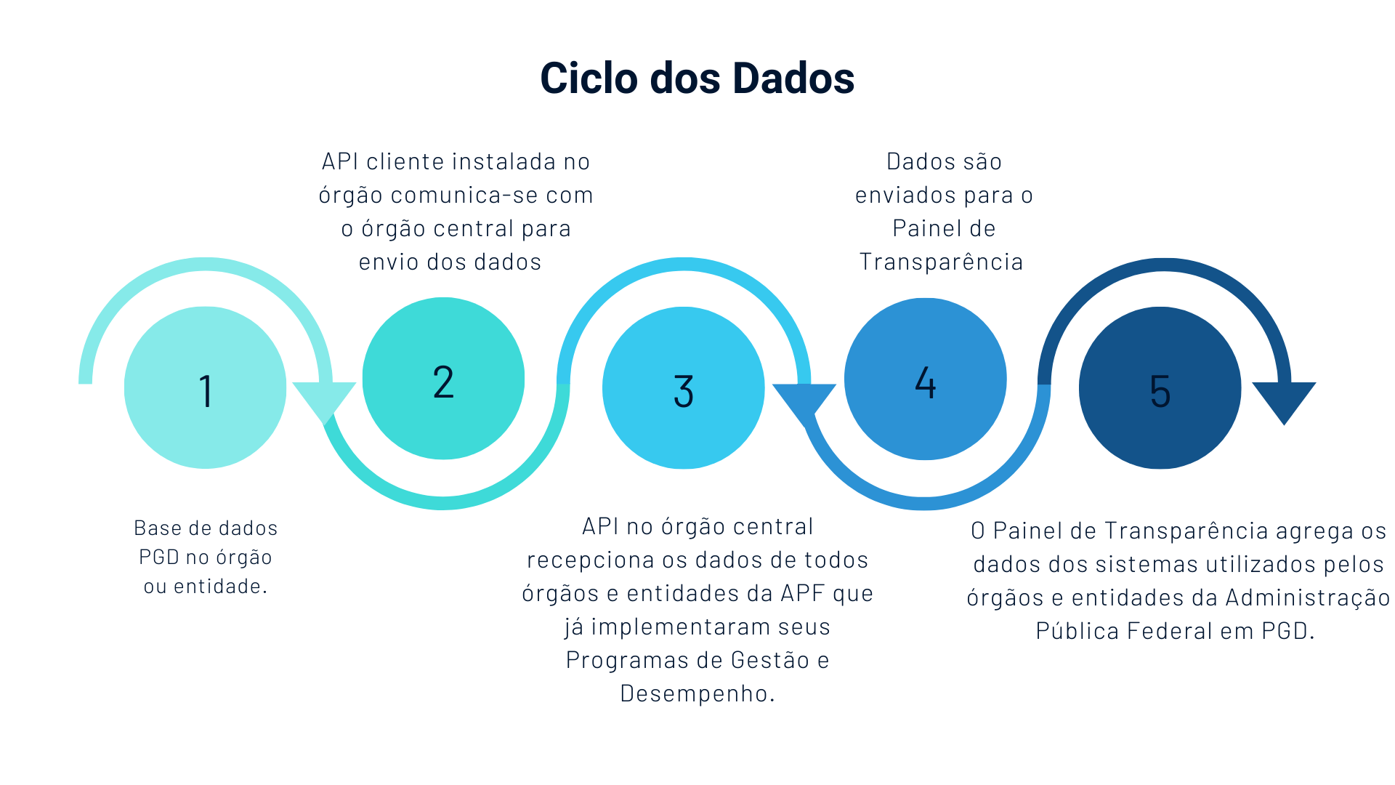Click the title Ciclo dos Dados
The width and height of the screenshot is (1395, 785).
tap(697, 78)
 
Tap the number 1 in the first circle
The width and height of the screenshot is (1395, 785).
tap(206, 391)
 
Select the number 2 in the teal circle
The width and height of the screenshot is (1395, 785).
tap(443, 382)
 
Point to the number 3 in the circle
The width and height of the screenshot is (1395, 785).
tap(684, 391)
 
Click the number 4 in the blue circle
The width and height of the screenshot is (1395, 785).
tap(925, 382)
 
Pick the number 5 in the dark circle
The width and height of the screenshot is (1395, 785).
tap(1160, 391)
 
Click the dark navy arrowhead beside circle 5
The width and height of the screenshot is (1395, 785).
tap(1284, 400)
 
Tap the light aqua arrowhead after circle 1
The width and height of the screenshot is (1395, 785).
tap(324, 400)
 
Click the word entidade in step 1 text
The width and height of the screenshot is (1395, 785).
tap(217, 587)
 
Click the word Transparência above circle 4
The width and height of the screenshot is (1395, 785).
tap(941, 262)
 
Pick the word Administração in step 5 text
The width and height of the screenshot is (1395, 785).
tap(1307, 597)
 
